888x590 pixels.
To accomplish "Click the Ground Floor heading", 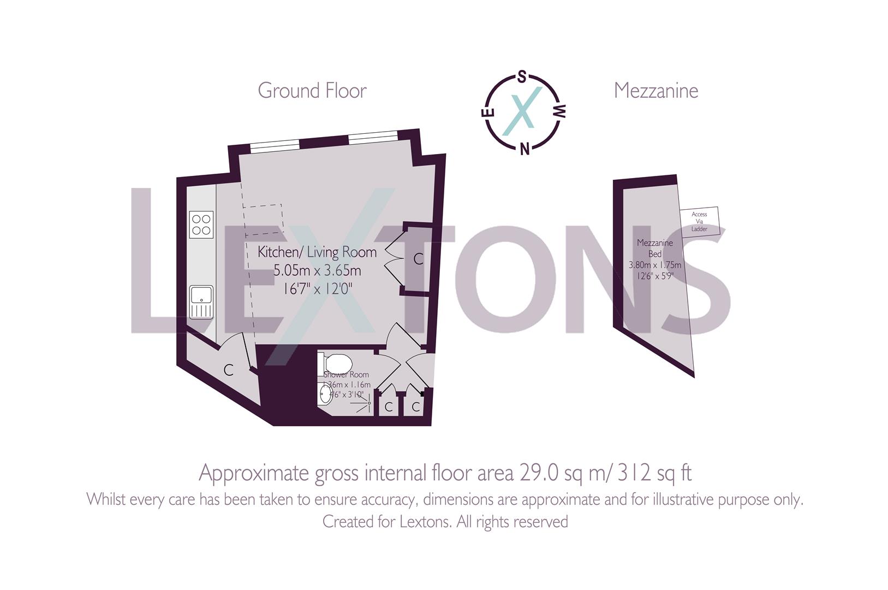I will [312, 91].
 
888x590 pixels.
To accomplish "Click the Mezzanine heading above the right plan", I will [655, 91].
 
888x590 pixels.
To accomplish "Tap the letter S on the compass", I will [522, 77].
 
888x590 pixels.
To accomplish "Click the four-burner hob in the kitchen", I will [201, 225].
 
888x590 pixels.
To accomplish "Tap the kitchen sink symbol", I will [201, 302].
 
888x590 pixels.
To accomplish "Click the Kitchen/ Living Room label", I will [317, 252].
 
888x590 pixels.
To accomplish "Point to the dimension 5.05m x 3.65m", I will [317, 270].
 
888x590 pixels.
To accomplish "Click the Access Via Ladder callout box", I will [699, 221].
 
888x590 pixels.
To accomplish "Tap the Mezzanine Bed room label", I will [655, 248].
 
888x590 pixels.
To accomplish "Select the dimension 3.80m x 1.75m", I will [655, 265].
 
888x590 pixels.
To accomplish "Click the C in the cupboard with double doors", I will [418, 259].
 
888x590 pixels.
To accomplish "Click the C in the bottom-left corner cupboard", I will [229, 370].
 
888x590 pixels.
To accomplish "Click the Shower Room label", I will [346, 375].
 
